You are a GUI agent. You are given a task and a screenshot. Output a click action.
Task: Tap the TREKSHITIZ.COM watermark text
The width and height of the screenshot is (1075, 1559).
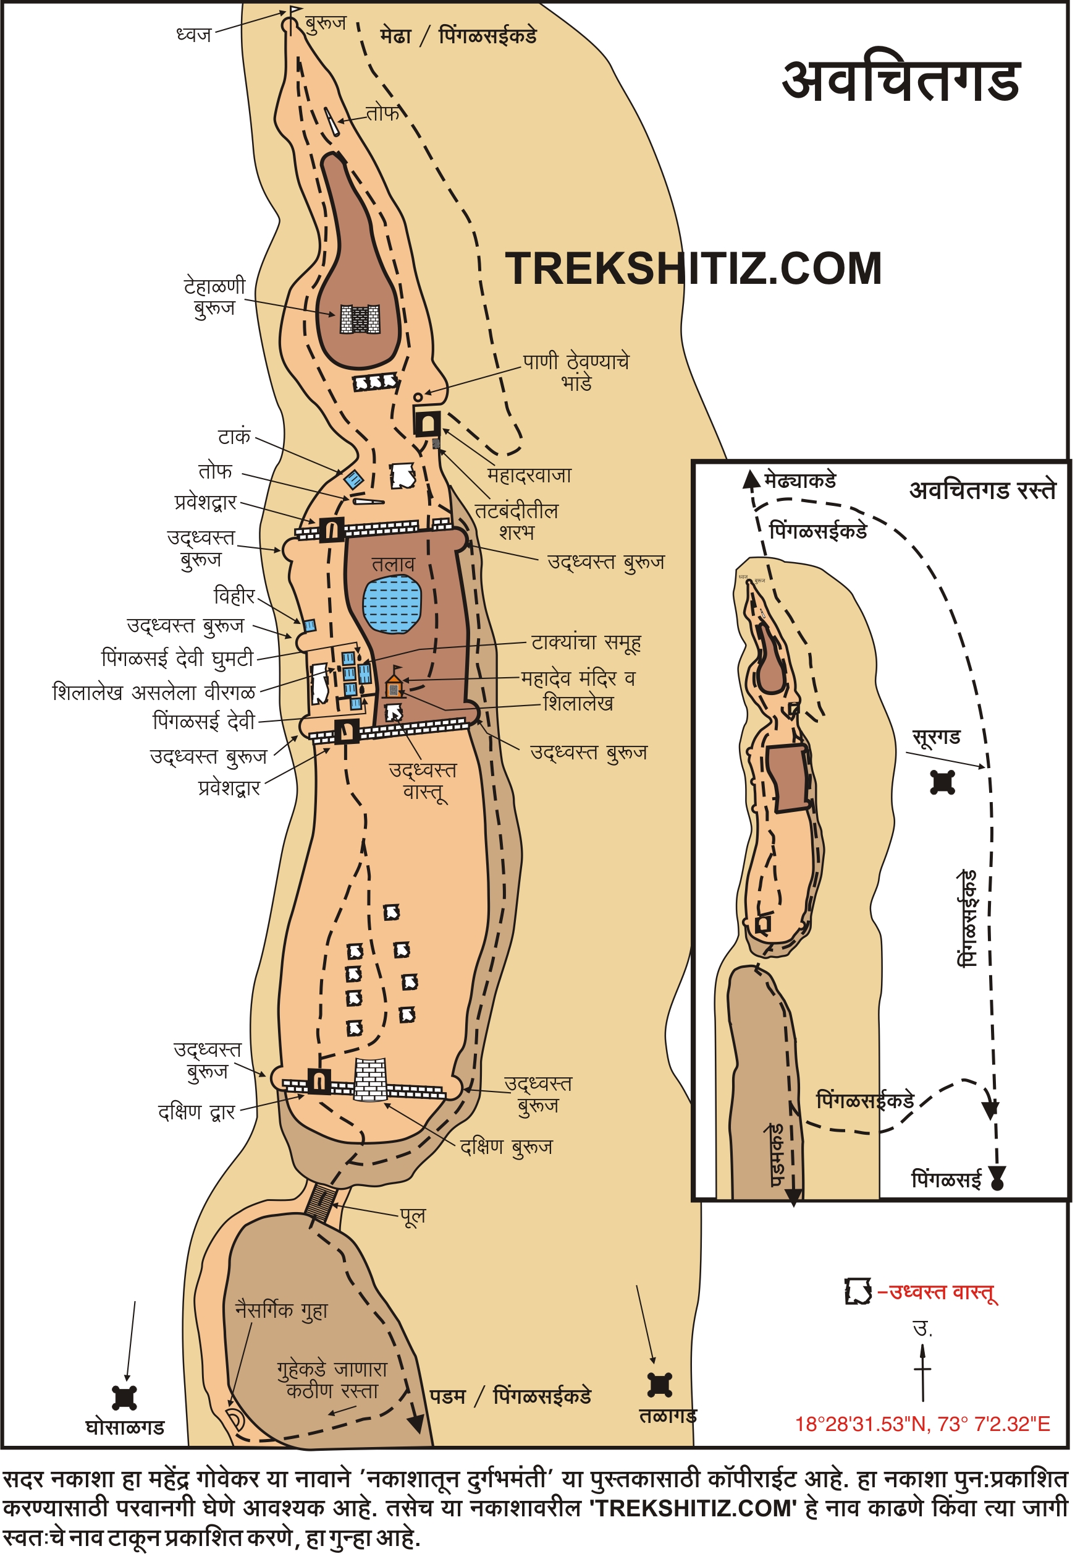coord(693,269)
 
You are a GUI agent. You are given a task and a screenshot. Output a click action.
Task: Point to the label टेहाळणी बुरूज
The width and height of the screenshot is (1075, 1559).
coord(215,297)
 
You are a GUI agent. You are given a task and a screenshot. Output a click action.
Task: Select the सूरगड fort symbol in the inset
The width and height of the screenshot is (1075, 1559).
coord(942,782)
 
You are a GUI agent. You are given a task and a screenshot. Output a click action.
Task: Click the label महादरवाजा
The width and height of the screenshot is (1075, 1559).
coord(529,475)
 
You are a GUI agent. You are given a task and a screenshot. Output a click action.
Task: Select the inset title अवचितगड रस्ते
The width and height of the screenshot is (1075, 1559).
coord(982,490)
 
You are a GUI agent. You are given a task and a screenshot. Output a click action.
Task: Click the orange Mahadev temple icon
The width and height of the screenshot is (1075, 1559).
coord(394,686)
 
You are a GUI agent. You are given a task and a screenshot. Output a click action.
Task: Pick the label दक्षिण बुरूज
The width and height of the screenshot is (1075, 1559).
coord(506,1147)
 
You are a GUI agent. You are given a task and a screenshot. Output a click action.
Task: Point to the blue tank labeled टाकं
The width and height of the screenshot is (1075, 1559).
coord(353,479)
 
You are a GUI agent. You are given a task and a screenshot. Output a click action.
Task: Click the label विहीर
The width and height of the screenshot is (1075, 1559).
coord(234,596)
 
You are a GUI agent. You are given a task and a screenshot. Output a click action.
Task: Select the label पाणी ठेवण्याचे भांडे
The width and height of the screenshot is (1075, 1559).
coord(575,372)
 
